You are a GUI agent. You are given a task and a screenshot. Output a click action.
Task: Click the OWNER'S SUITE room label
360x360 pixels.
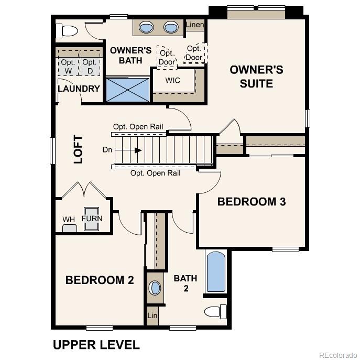[256, 77]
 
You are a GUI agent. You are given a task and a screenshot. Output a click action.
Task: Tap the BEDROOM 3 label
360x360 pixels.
[252, 202]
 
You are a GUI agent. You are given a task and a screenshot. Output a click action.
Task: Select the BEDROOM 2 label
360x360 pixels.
[100, 280]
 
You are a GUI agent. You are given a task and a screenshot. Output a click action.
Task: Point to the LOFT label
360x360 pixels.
[78, 149]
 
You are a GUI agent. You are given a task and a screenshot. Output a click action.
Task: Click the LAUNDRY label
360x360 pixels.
[79, 89]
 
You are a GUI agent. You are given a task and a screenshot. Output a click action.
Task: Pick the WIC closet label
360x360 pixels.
[173, 80]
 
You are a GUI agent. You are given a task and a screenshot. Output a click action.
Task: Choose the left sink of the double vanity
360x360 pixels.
[147, 27]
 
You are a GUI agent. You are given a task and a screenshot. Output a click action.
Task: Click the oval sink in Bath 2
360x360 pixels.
[155, 288]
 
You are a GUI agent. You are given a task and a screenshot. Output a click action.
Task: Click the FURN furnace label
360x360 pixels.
[92, 219]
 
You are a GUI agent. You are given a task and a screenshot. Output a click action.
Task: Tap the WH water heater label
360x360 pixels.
[69, 219]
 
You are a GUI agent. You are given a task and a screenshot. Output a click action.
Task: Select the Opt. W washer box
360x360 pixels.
[68, 66]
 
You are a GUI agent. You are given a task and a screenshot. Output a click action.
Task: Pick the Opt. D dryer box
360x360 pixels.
[89, 66]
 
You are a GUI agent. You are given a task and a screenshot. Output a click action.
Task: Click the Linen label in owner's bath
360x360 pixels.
[195, 25]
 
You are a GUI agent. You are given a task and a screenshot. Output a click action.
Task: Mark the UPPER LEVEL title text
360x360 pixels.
[96, 345]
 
